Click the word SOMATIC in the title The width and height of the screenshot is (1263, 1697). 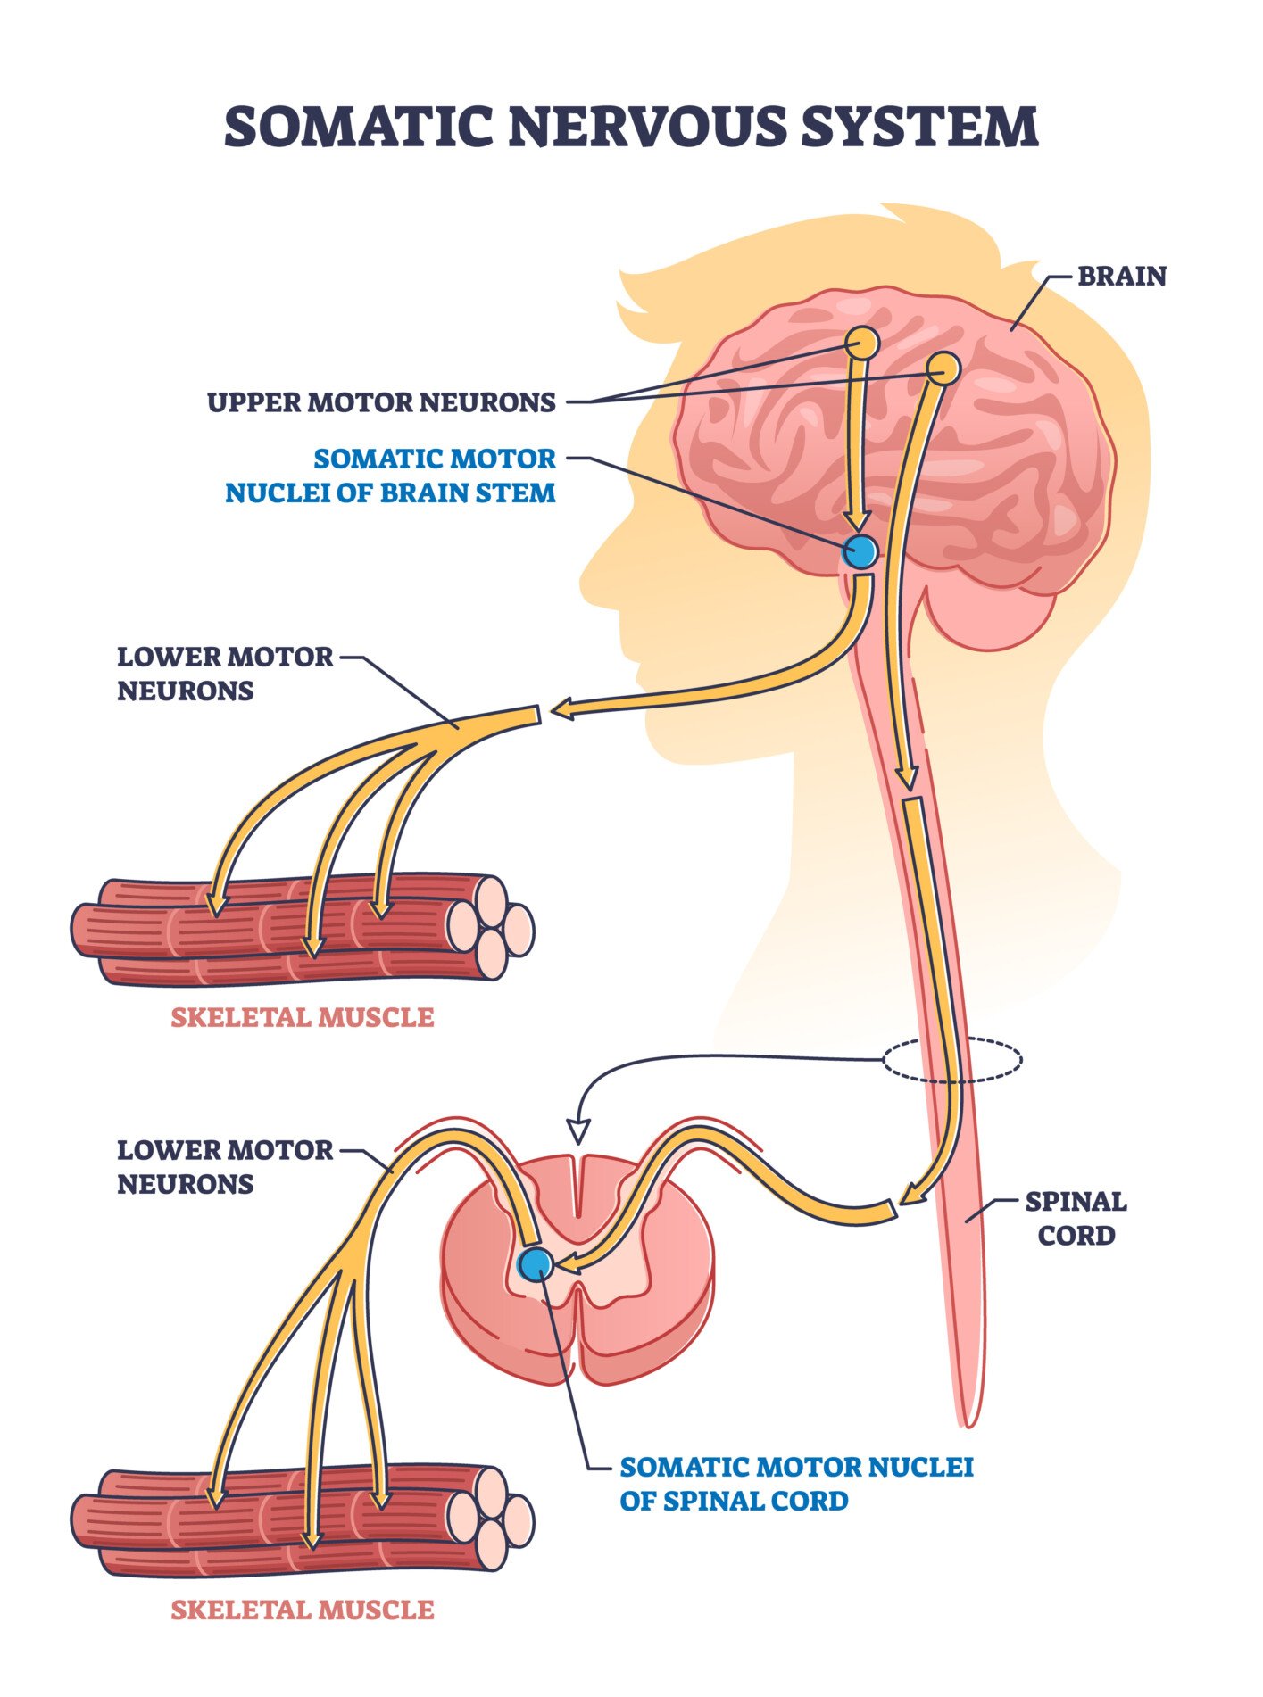358,127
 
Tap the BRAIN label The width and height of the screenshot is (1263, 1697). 1121,277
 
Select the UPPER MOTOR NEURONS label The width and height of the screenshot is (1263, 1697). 381,402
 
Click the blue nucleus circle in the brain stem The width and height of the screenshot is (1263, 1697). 860,552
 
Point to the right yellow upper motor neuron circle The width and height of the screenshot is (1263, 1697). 943,367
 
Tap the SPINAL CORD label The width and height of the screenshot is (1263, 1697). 1076,1219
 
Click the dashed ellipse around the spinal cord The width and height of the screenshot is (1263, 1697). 952,1060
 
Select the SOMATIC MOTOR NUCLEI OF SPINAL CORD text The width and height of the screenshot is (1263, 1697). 795,1484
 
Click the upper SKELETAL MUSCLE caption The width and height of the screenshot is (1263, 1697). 302,1018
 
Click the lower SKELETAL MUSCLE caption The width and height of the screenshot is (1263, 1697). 302,1610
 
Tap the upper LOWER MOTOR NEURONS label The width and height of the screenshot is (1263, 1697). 224,675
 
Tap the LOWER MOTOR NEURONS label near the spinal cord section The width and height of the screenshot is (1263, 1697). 224,1167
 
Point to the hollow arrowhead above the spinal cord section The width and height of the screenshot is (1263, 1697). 578,1131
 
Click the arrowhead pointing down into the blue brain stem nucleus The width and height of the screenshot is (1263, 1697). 858,522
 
